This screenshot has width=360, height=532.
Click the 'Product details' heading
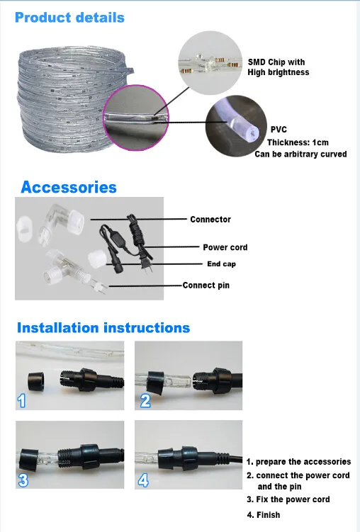coord(69,17)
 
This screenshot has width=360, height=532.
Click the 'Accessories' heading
coord(69,188)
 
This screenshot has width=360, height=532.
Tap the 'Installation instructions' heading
coord(103,328)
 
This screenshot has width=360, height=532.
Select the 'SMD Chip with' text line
coord(276,62)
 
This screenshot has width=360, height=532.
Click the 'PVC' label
coord(279,130)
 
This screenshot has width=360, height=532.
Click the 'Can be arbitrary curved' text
coord(300,154)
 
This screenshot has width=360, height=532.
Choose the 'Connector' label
coord(210,220)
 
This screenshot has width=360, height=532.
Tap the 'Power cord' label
coord(225,247)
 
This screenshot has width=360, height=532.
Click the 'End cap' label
coord(221,264)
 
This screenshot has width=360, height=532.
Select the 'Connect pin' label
coord(206,285)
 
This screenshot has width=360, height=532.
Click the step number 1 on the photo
coord(22,402)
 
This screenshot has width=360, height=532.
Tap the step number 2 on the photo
coord(145,402)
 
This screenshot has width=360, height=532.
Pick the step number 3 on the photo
coord(23,480)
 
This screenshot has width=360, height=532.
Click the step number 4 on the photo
coord(145,480)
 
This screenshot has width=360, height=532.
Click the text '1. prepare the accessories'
coord(298,462)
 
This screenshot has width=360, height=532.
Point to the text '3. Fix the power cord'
coord(288,499)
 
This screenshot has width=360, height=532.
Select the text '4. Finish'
coord(263,515)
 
